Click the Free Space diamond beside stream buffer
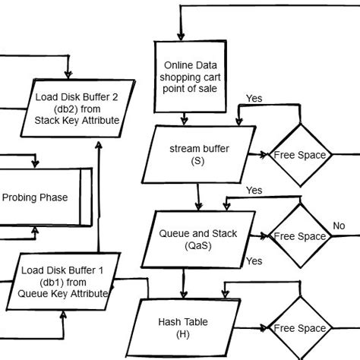tap(299, 155)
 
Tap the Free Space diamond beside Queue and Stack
tap(299, 236)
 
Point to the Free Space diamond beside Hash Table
tap(299, 328)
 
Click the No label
tap(339, 226)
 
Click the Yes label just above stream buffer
tap(254, 99)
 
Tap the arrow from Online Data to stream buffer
tap(183, 118)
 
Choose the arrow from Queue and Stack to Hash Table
tap(183, 283)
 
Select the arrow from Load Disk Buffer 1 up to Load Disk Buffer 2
tap(99, 197)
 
